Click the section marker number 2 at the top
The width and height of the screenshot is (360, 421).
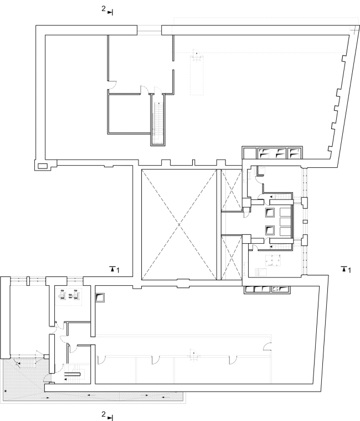(x=104, y=9)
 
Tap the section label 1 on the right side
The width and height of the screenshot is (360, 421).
(x=349, y=270)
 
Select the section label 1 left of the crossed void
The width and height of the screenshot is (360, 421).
(x=117, y=270)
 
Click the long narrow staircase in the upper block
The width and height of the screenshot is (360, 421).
(x=158, y=120)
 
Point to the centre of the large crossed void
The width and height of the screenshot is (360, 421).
(x=179, y=224)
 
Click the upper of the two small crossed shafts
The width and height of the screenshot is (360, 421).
(x=232, y=191)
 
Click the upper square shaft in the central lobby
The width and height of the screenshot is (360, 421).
(x=270, y=212)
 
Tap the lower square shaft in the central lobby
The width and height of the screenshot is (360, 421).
(x=270, y=230)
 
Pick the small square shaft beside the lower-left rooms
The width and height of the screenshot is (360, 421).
(x=100, y=297)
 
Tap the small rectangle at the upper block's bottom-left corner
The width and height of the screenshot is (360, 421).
(x=42, y=166)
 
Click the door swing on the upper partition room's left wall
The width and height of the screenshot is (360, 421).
(x=112, y=85)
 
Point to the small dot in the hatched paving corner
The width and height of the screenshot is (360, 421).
(x=6, y=391)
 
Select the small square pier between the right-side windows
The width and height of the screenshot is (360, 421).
(x=305, y=222)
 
